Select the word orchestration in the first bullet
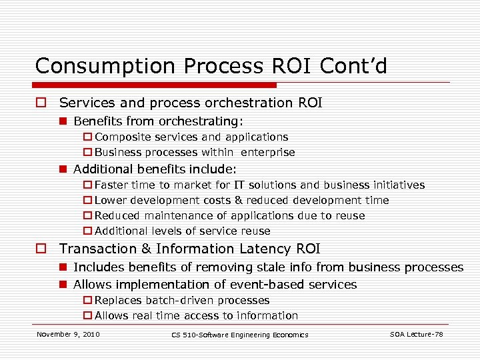(x=239, y=103)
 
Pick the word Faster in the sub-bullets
(x=112, y=185)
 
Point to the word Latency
(x=267, y=249)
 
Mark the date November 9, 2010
(x=68, y=333)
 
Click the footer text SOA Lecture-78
(x=416, y=333)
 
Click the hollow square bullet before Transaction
(x=41, y=249)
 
